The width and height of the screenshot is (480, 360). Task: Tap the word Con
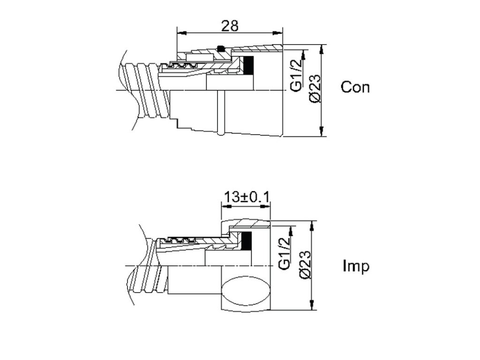pyautogui.click(x=355, y=87)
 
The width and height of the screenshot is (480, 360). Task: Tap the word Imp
pyautogui.click(x=356, y=266)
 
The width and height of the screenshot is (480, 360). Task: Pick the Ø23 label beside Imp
pyautogui.click(x=304, y=266)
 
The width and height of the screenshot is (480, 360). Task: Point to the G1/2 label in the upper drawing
pyautogui.click(x=296, y=77)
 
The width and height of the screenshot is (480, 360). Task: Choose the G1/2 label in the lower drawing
pyautogui.click(x=285, y=254)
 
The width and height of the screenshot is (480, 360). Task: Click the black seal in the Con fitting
pyautogui.click(x=249, y=65)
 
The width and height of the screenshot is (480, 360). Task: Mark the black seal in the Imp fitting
pyautogui.click(x=247, y=240)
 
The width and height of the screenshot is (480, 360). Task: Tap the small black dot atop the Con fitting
pyautogui.click(x=221, y=48)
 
